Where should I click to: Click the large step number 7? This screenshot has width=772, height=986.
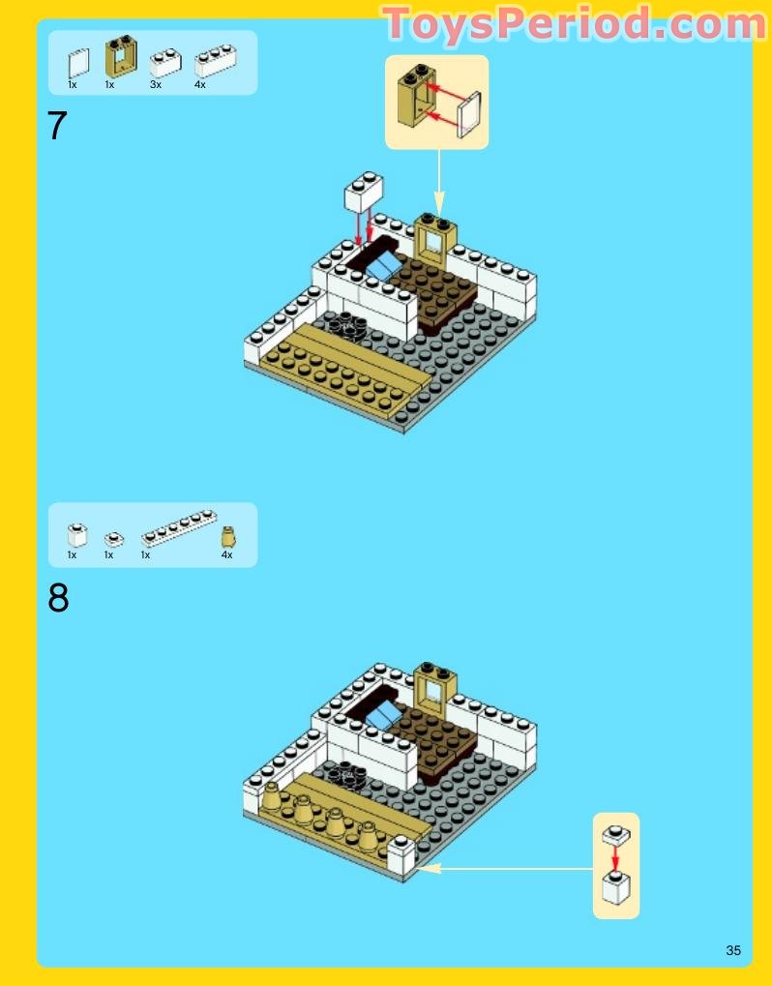(x=56, y=125)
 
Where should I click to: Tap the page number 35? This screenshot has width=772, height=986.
(x=733, y=950)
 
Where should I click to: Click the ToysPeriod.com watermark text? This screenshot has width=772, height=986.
(x=574, y=24)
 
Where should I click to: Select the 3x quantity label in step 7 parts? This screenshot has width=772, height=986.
(x=156, y=84)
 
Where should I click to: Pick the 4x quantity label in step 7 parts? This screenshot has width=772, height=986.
(x=200, y=84)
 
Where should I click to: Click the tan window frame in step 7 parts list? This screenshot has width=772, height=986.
(x=121, y=56)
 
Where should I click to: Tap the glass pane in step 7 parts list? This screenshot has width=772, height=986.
(x=78, y=64)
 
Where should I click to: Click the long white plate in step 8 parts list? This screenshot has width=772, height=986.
(x=179, y=527)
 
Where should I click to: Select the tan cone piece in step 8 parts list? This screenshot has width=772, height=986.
(x=229, y=537)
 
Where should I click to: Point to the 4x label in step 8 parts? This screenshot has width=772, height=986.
(x=227, y=554)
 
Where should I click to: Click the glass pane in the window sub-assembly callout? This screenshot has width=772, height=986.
(x=469, y=114)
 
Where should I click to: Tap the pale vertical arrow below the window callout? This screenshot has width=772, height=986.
(x=439, y=182)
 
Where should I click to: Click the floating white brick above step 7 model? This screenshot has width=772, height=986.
(x=364, y=192)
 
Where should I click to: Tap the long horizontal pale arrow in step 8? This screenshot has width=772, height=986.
(x=504, y=869)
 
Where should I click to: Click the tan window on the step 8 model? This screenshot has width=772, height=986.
(x=435, y=687)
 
